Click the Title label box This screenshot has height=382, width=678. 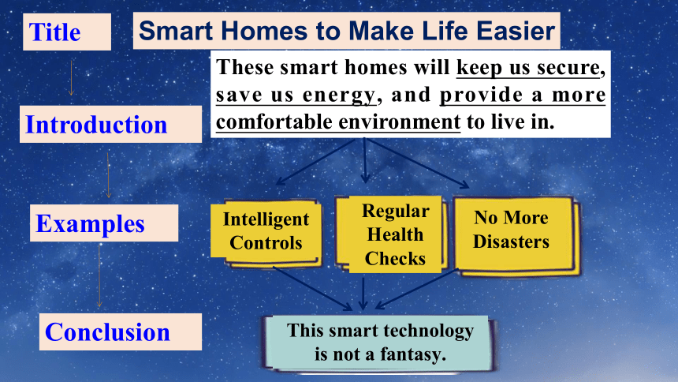click(67, 32)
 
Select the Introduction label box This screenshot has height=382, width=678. click(110, 124)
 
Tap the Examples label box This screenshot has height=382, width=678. click(104, 223)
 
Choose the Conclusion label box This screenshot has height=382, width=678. click(120, 331)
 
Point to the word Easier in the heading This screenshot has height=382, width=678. click(516, 32)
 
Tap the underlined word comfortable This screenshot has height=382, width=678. click(274, 122)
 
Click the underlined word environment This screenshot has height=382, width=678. click(400, 122)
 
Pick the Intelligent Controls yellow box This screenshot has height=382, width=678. click(266, 231)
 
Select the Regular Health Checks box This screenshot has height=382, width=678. click(391, 234)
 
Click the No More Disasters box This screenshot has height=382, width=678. click(516, 234)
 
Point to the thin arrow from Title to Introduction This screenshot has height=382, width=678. click(71, 77)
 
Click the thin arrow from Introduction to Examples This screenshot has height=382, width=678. click(108, 175)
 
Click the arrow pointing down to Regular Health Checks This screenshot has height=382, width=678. click(365, 160)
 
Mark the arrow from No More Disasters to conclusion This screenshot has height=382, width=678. click(417, 289)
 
